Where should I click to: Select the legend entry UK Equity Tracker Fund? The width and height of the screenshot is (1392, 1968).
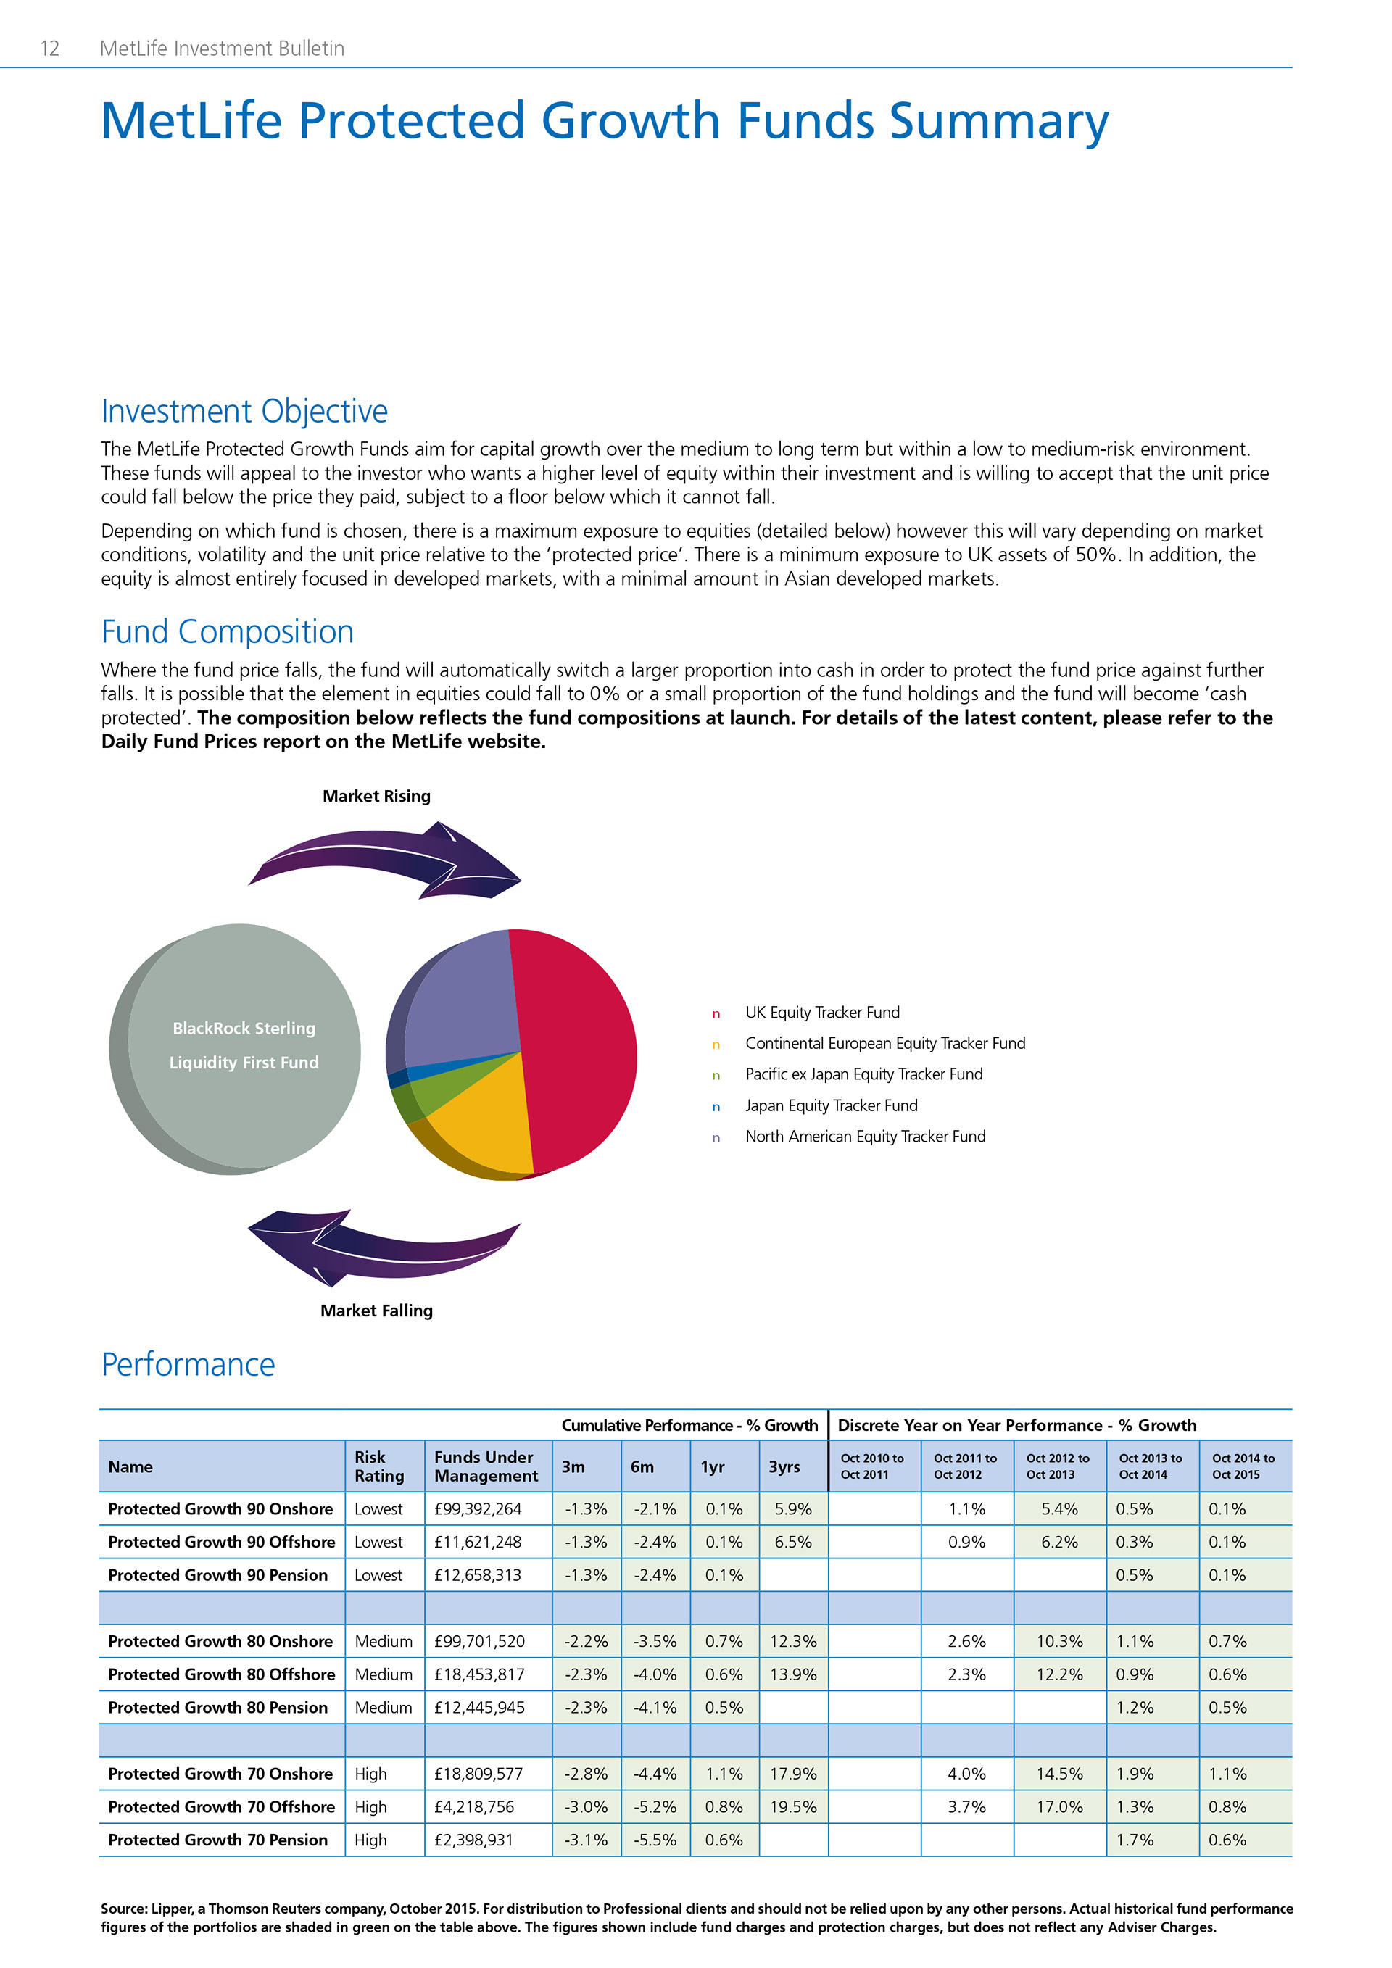point(822,1013)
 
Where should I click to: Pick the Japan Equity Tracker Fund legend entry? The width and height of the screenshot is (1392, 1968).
point(831,1105)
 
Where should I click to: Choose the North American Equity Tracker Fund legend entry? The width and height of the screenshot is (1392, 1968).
point(865,1137)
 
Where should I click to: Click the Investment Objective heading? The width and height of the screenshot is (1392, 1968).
point(244,412)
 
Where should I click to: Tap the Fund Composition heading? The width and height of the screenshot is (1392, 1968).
point(227,631)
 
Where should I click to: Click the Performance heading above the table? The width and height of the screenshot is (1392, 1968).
point(188,1365)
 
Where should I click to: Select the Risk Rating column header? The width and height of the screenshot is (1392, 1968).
point(379,1466)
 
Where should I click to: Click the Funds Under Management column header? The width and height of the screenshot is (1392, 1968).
point(486,1466)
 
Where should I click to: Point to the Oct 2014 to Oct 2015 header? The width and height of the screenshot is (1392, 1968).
point(1243,1466)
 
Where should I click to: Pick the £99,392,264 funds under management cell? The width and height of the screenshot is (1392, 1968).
point(478,1508)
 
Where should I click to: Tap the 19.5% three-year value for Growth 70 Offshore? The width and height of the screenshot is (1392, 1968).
point(793,1807)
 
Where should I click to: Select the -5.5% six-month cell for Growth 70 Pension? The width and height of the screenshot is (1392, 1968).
point(655,1840)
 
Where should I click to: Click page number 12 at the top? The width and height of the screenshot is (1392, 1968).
point(50,48)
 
